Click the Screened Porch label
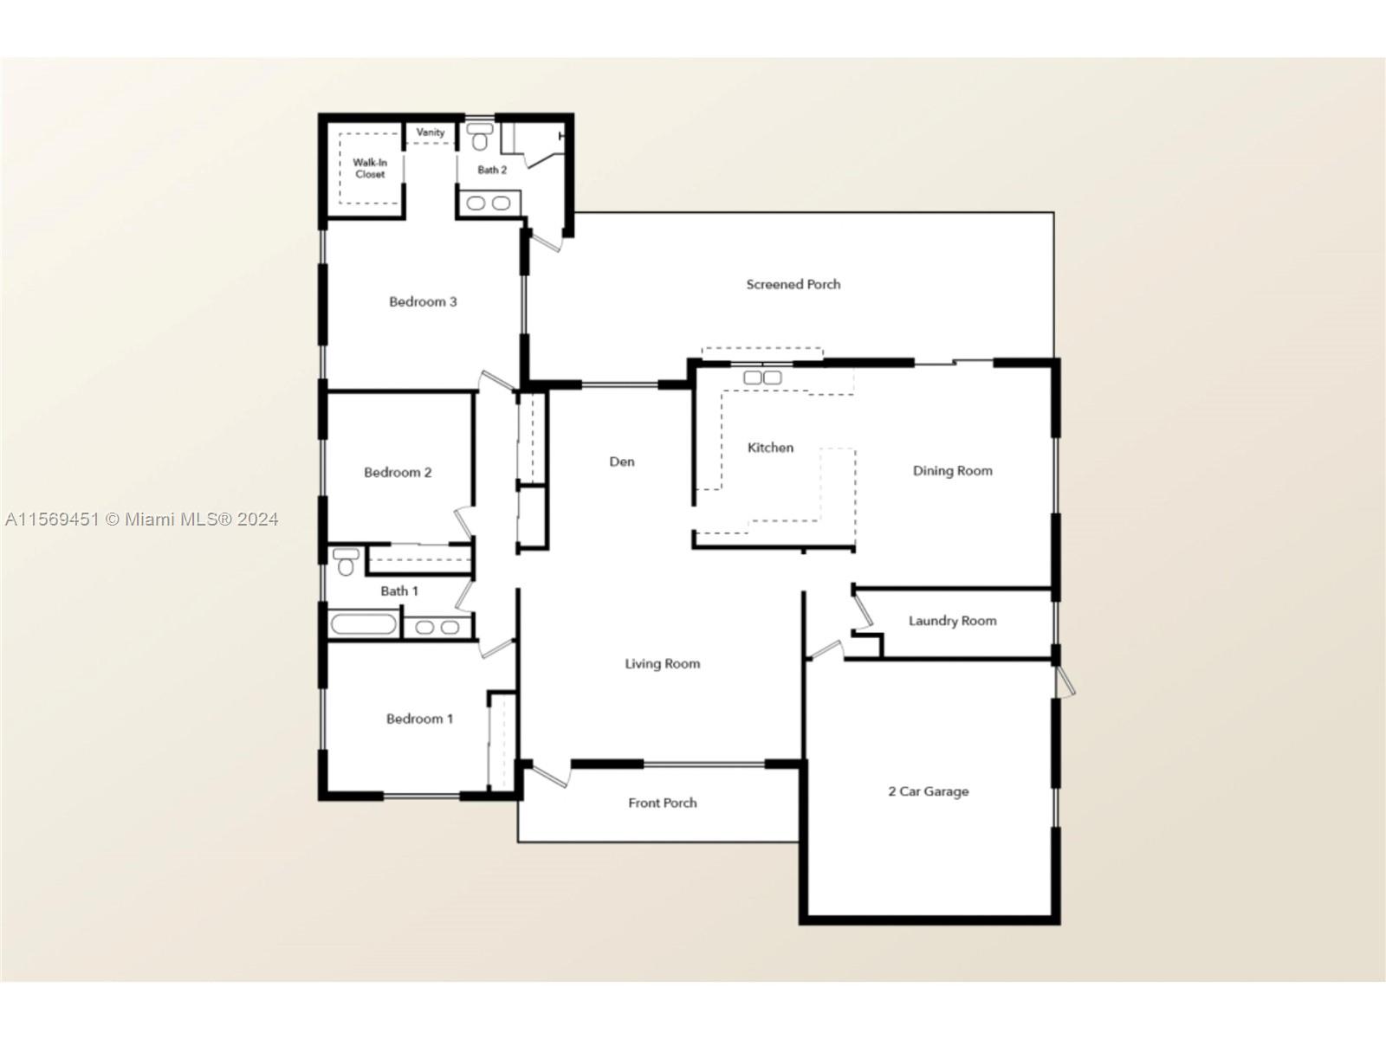click(x=793, y=285)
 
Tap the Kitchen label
click(x=770, y=448)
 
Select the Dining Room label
click(x=952, y=471)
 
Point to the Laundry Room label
click(x=952, y=621)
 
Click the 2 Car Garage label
click(x=929, y=791)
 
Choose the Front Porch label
click(x=663, y=803)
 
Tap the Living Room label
click(x=663, y=663)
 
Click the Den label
click(x=622, y=461)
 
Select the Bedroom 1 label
click(x=419, y=719)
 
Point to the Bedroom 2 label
click(x=398, y=473)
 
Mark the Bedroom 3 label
click(x=423, y=301)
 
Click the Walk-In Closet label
click(x=370, y=169)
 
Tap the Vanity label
click(x=430, y=132)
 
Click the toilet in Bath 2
click(x=480, y=137)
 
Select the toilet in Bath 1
click(x=346, y=562)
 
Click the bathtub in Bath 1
click(x=363, y=624)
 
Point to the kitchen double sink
click(x=762, y=378)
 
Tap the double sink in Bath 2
click(x=489, y=203)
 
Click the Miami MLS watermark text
click(x=141, y=519)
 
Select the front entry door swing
click(x=551, y=775)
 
